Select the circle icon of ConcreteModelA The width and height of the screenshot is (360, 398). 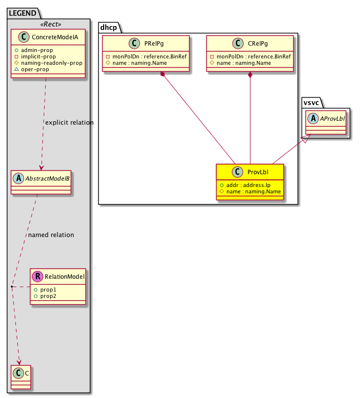20,38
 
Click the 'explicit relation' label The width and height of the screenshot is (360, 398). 69,122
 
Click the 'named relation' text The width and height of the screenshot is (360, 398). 51,235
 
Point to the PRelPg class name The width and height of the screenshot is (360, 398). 154,44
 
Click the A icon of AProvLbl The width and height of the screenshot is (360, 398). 312,118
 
